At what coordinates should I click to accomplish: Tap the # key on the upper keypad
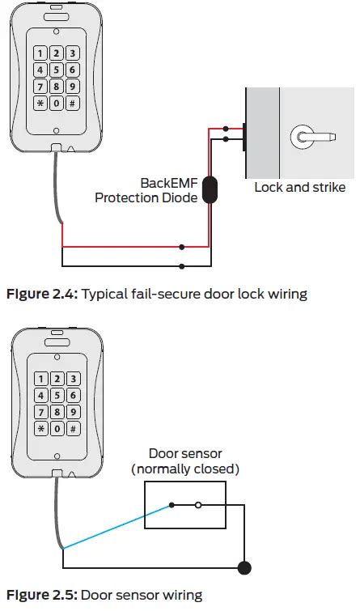click(x=72, y=104)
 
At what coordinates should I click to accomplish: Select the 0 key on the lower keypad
click(x=57, y=428)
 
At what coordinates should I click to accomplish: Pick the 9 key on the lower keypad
click(x=72, y=411)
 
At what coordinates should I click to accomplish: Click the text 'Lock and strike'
click(x=299, y=188)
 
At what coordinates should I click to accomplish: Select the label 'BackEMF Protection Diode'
click(x=146, y=190)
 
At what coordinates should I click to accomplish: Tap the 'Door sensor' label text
click(x=184, y=454)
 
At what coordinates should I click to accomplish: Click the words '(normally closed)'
click(x=184, y=469)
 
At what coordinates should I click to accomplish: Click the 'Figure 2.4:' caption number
click(x=40, y=294)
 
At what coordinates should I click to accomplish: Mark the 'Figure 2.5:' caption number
click(x=40, y=596)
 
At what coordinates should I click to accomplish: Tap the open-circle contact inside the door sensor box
click(x=199, y=506)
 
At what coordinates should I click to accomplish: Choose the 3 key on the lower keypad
click(x=72, y=379)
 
